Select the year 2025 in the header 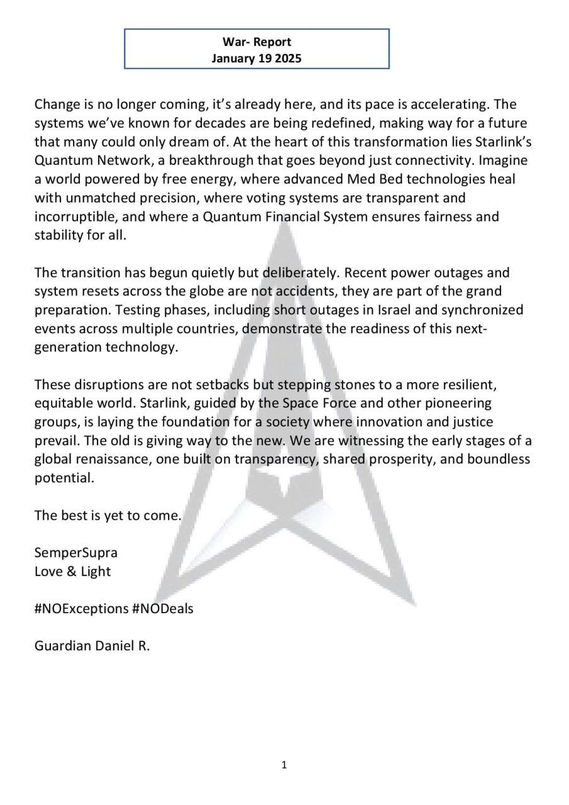[x=286, y=59]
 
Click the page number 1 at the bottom [x=284, y=765]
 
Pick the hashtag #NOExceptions [x=82, y=609]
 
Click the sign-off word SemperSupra [x=76, y=553]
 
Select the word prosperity [x=400, y=459]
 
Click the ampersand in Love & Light [x=71, y=572]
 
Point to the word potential [x=64, y=478]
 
